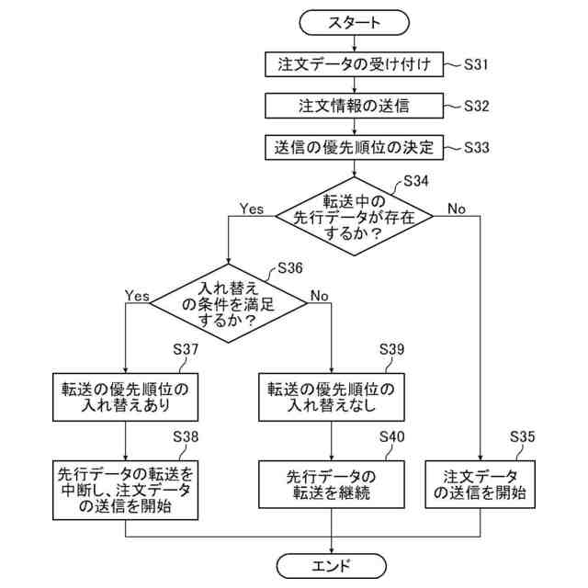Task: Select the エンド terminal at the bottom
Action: pos(332,564)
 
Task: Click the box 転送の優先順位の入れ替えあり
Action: pos(125,396)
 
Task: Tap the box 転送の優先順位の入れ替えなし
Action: pos(332,396)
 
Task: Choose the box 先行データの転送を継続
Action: pos(332,485)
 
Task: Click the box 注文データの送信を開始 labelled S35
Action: pos(480,485)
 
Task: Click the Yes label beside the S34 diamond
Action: pos(252,209)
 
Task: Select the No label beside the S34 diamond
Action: pos(458,209)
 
